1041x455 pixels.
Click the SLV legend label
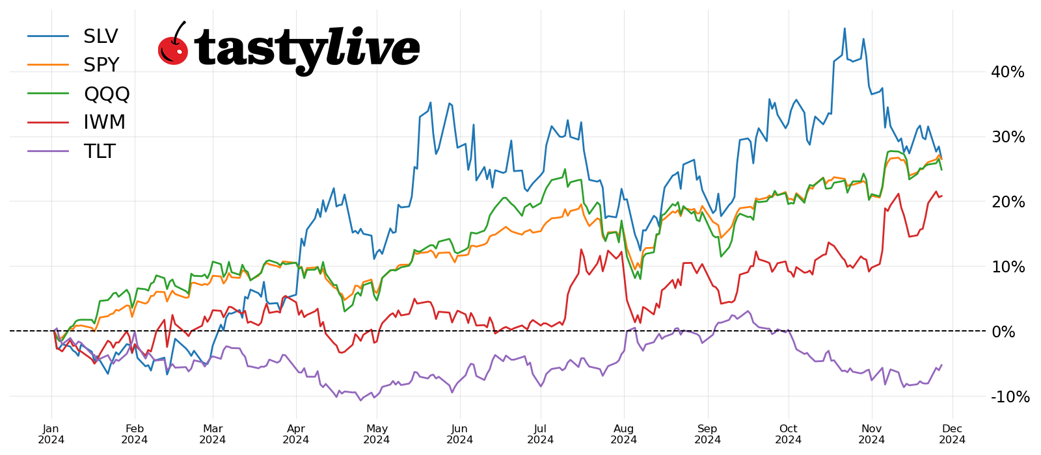(100, 36)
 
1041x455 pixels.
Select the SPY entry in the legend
(101, 65)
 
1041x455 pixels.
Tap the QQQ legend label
(107, 94)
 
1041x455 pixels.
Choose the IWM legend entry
(104, 122)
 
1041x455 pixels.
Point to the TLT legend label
(99, 151)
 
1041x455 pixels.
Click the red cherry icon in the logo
(173, 48)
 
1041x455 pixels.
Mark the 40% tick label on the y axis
(1007, 72)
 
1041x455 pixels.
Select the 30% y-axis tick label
(1007, 137)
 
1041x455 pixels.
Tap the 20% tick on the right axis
(1007, 202)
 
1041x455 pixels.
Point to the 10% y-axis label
(1007, 267)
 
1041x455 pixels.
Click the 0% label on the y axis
(1003, 332)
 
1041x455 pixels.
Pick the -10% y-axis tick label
(1010, 397)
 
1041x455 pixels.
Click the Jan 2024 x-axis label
(51, 434)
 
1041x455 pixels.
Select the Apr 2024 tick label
(296, 434)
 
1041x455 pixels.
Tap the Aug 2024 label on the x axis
(624, 434)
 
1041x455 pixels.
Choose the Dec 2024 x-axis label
(953, 434)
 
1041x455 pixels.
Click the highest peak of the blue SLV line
(845, 29)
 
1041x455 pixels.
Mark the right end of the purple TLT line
(941, 365)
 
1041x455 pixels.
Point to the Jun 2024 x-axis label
(459, 434)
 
